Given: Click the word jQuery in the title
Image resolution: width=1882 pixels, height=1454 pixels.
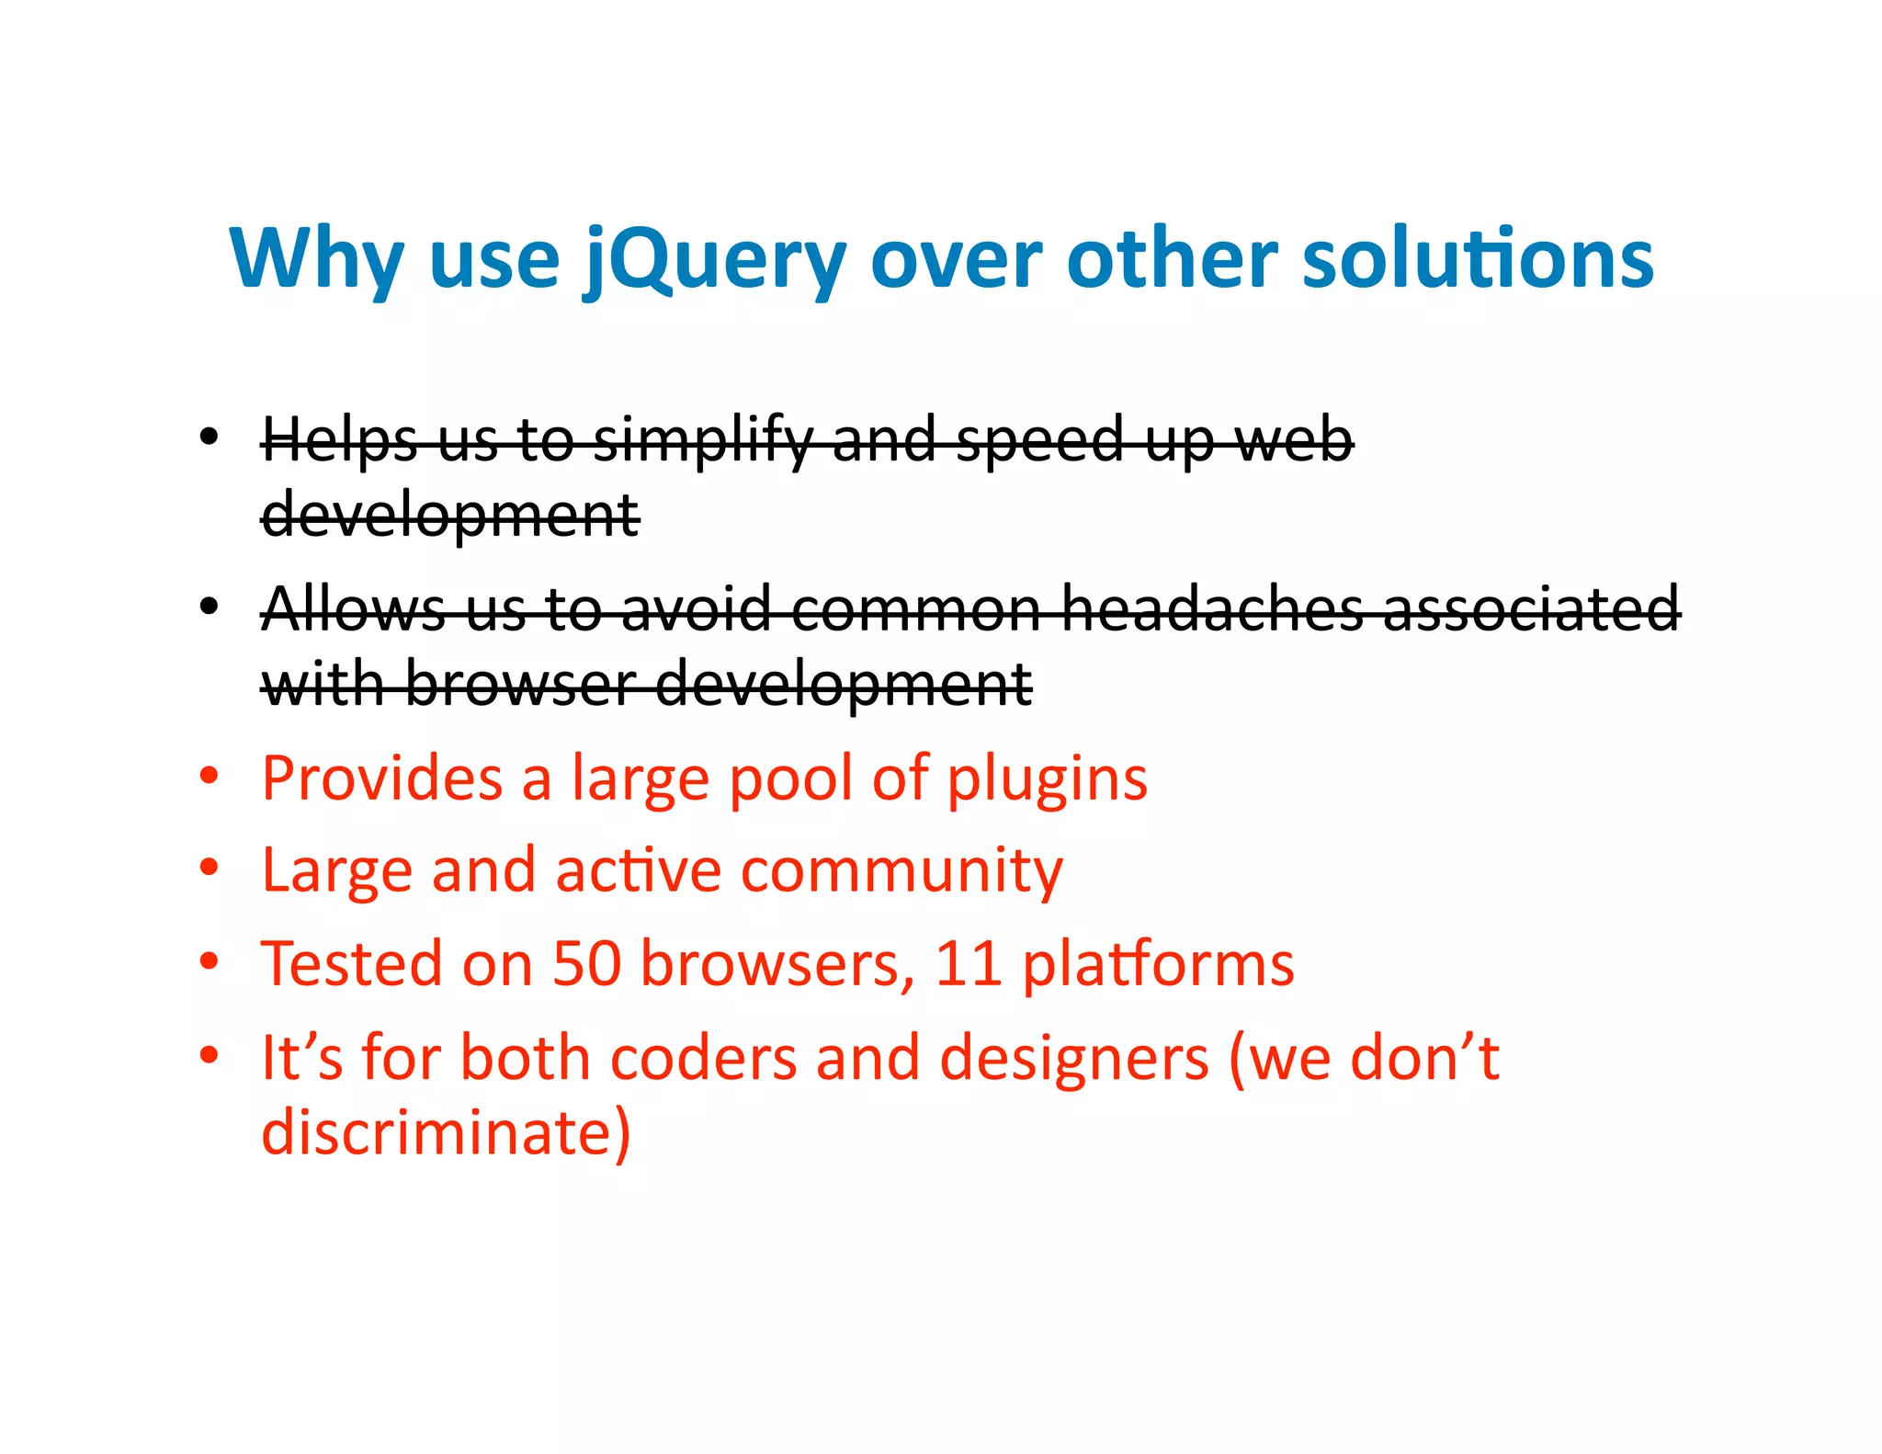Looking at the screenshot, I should click(715, 260).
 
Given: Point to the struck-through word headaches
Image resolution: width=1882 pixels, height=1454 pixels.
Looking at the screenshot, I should click(1212, 608).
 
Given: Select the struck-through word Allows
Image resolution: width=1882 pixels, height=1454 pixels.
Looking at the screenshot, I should click(354, 608).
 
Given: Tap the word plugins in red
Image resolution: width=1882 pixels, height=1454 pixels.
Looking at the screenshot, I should click(1047, 779).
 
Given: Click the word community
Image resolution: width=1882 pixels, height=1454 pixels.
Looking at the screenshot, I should click(901, 870).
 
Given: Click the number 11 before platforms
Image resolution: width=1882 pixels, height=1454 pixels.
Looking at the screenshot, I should click(968, 964).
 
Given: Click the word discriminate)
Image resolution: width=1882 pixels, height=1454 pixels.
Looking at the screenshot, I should click(447, 1132).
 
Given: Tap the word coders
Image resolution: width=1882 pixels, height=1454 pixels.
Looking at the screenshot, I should click(703, 1058).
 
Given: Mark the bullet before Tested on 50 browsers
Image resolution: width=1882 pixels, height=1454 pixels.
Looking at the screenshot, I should click(210, 962).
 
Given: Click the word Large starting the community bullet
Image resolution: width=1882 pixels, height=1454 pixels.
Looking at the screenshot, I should click(336, 871).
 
